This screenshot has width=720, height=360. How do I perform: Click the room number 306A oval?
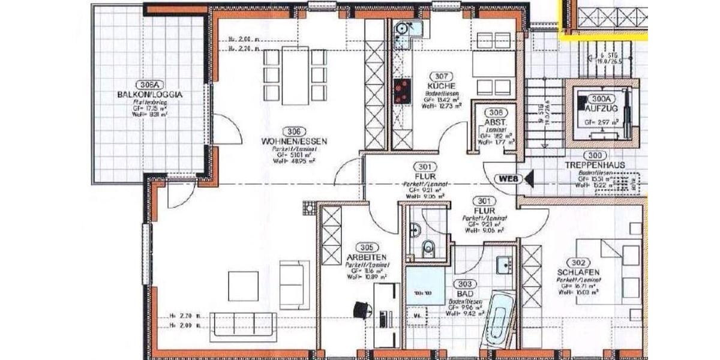tap(151, 85)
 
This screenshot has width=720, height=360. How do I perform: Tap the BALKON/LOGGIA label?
tap(151, 94)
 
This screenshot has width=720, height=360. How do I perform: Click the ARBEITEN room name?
tap(367, 256)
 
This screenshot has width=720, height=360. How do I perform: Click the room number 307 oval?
tap(442, 76)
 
